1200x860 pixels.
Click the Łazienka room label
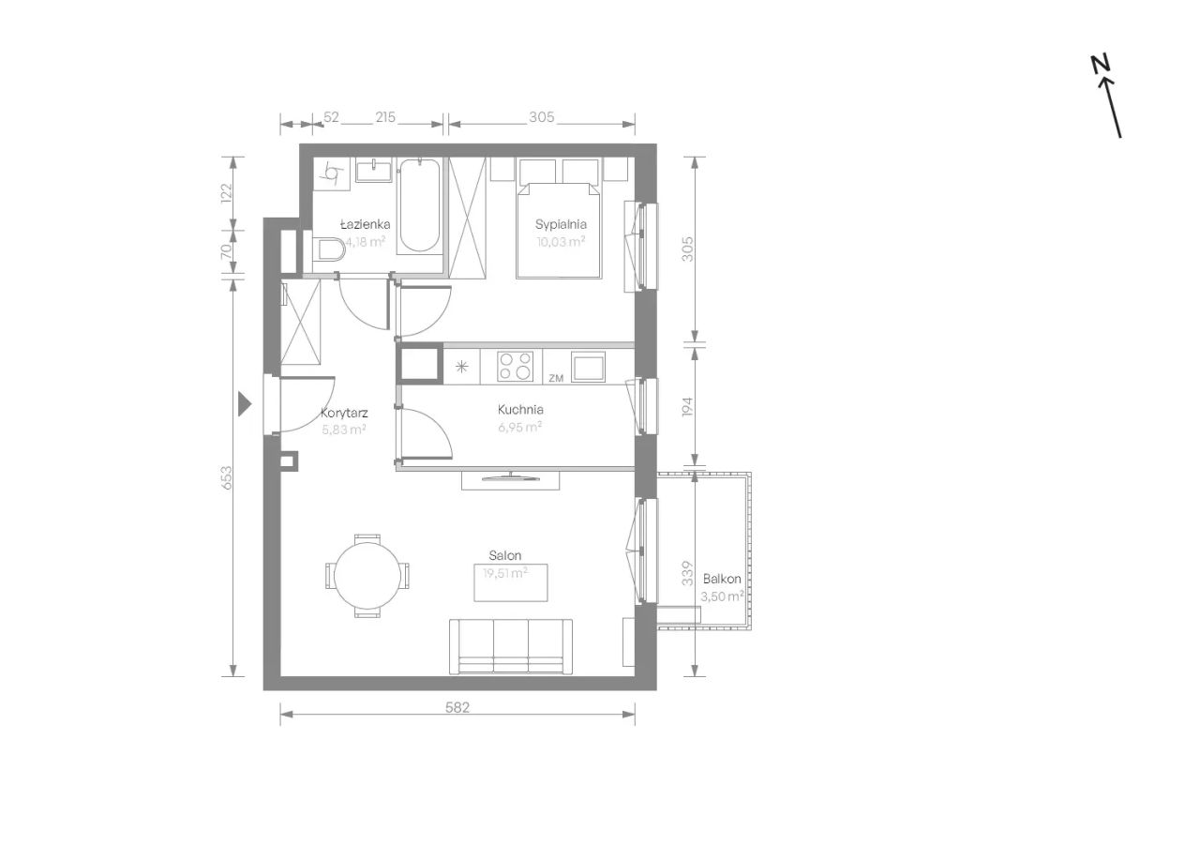click(x=366, y=224)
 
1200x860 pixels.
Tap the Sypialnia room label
click(x=561, y=224)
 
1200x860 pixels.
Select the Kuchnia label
click(x=520, y=410)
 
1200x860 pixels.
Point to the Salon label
click(x=504, y=555)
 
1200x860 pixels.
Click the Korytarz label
click(x=344, y=414)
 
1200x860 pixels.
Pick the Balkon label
click(x=722, y=579)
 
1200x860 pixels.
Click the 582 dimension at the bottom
click(x=457, y=707)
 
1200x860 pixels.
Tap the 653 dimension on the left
click(x=227, y=477)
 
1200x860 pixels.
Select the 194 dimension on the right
click(x=688, y=407)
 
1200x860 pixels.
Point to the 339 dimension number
click(x=687, y=573)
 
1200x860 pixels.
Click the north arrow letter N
click(x=1101, y=64)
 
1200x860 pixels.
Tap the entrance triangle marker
click(x=245, y=404)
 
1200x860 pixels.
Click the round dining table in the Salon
click(x=367, y=576)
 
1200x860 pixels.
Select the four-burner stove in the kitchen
click(x=515, y=366)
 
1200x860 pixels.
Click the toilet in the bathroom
click(x=328, y=249)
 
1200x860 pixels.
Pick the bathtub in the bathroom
click(x=419, y=205)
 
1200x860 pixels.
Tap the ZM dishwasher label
click(x=556, y=378)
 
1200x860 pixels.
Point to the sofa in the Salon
click(x=511, y=647)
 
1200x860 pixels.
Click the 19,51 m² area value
click(x=505, y=573)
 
